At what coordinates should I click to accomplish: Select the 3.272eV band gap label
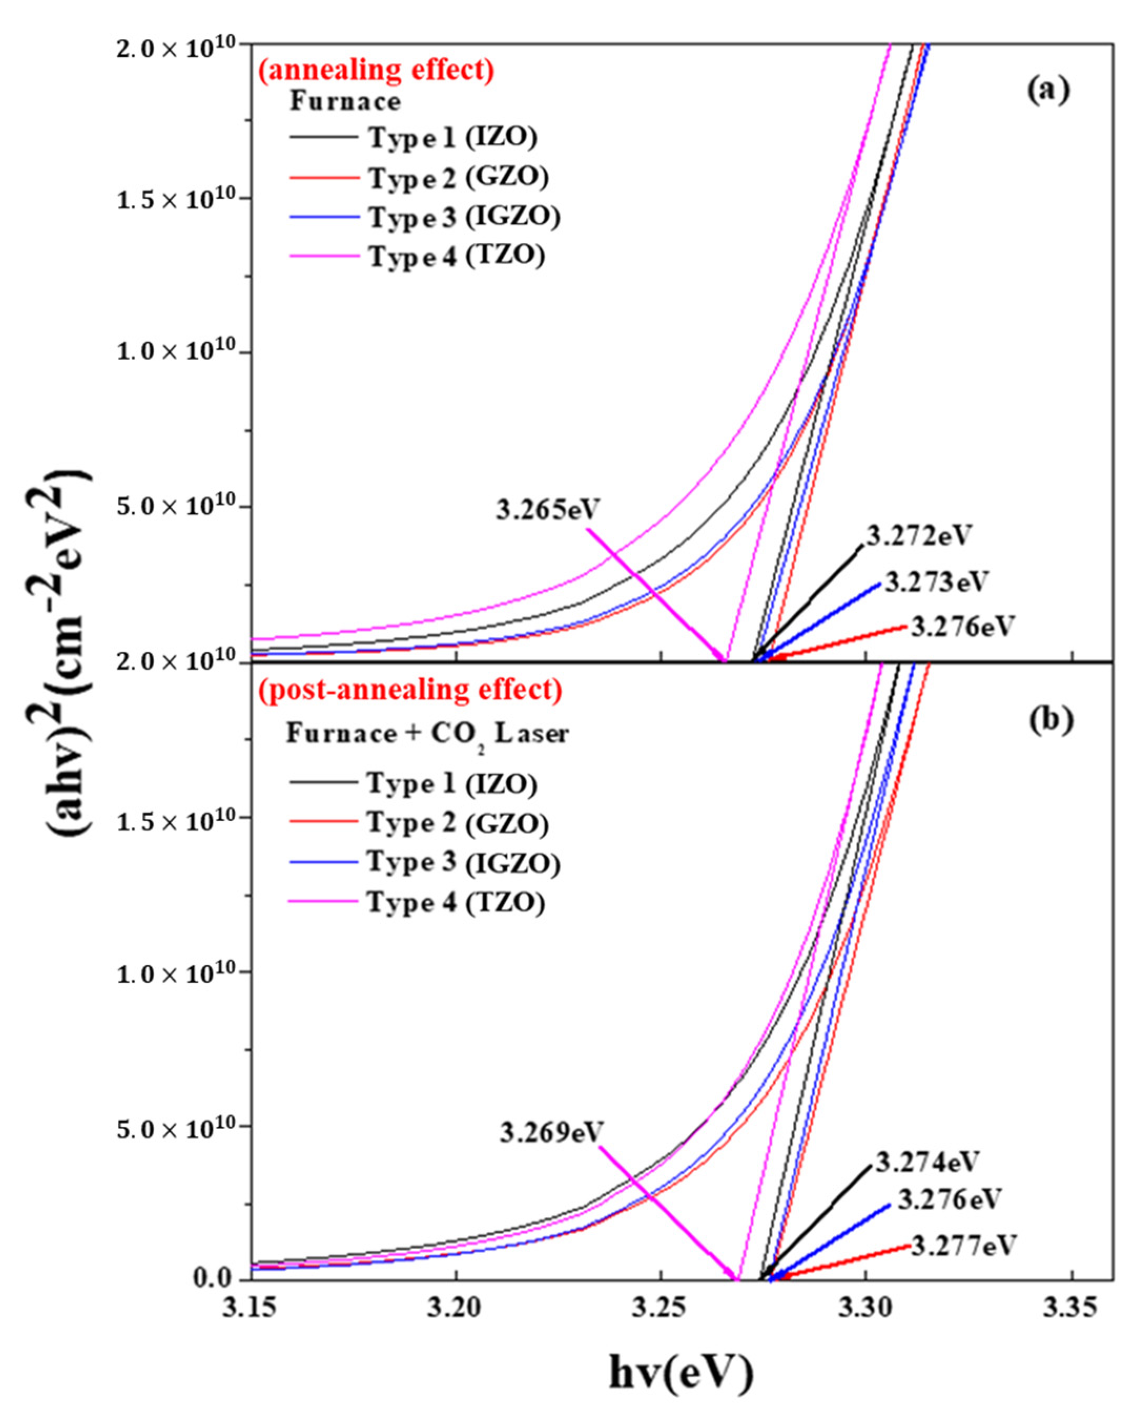tap(918, 536)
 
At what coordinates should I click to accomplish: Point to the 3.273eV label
tap(936, 582)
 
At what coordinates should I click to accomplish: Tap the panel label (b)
tap(1051, 720)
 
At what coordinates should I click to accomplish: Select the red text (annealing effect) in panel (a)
tap(375, 70)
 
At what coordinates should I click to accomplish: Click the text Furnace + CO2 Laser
tap(427, 733)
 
